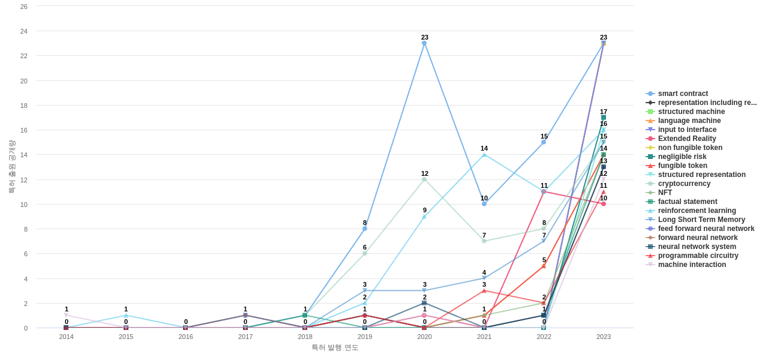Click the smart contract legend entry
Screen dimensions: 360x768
[683, 94]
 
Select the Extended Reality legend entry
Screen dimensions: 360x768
[687, 139]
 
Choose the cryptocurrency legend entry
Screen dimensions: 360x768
[684, 184]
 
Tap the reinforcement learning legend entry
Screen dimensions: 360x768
[697, 211]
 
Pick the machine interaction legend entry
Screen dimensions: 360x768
[692, 265]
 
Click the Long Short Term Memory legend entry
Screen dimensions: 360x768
[701, 220]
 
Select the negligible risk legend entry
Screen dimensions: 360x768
[682, 157]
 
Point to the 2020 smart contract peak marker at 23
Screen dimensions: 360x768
[424, 43]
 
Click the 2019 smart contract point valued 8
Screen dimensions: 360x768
[365, 229]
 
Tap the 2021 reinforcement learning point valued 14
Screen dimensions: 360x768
[484, 155]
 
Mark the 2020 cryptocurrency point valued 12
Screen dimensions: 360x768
[424, 179]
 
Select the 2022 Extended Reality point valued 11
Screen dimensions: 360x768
[544, 192]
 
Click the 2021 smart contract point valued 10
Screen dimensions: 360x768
[484, 204]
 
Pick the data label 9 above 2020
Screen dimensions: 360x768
[425, 210]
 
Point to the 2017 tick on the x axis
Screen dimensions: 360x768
[245, 337]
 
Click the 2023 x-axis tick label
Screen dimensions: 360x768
[604, 337]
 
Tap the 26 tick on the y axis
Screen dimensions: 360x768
[24, 7]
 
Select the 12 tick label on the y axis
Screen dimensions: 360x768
[24, 180]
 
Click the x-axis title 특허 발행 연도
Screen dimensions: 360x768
[335, 347]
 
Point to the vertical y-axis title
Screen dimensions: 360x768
[11, 167]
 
